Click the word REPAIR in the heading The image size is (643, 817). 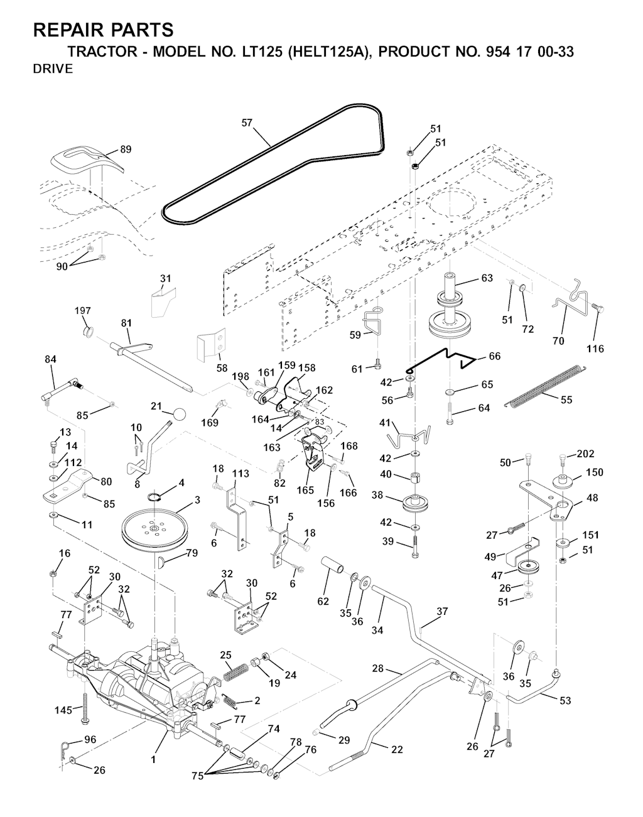coord(69,30)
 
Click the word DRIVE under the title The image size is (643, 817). coord(53,69)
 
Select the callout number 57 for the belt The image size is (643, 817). coord(247,122)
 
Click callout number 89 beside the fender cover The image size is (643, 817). coord(126,149)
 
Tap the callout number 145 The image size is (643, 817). coord(63,710)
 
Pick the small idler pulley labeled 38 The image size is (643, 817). coord(416,503)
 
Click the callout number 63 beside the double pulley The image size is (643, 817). coord(487,278)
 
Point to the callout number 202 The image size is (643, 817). coord(586,453)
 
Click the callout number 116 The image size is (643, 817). coord(595,349)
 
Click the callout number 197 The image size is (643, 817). coord(82,311)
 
